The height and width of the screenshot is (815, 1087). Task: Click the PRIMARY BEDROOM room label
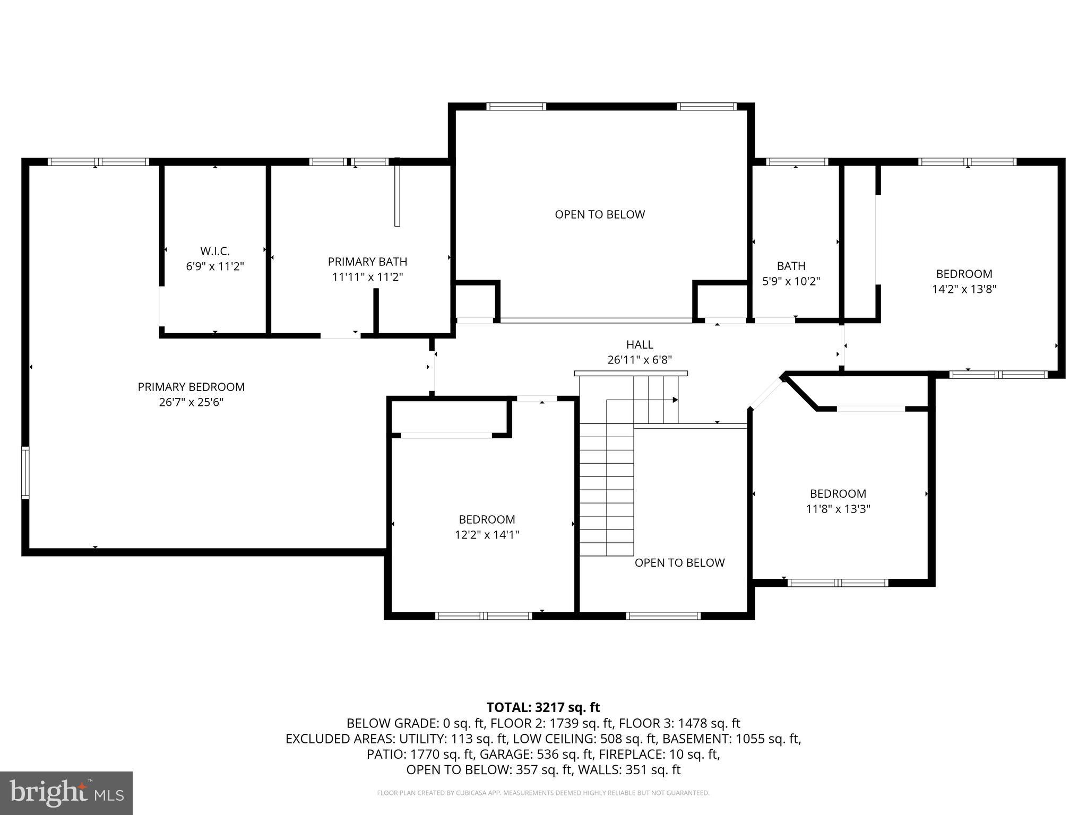tap(191, 387)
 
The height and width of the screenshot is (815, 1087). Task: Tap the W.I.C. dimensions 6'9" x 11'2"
tap(215, 266)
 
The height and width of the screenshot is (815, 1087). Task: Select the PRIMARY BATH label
tap(367, 262)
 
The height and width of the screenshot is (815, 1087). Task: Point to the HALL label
tap(640, 344)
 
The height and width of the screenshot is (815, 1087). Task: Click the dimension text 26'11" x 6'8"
tap(640, 360)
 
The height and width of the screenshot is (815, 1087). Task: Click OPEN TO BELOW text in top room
tap(600, 214)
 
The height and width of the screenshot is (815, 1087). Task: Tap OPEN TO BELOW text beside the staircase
tap(679, 562)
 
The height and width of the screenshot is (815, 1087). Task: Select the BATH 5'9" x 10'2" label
tap(791, 273)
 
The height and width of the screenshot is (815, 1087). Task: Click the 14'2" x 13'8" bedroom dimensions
tap(964, 289)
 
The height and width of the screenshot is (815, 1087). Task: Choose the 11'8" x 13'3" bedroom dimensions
tap(838, 509)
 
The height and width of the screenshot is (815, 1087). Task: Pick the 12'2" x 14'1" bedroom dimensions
tap(487, 534)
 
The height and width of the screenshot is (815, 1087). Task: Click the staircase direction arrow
tap(675, 400)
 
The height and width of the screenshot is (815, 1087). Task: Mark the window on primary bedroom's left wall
tap(25, 473)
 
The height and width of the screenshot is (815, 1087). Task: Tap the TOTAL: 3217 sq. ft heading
tap(543, 707)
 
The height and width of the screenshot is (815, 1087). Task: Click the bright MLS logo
tap(66, 793)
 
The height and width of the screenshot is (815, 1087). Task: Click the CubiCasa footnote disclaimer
tap(543, 793)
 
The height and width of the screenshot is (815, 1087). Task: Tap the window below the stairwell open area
tap(663, 615)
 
